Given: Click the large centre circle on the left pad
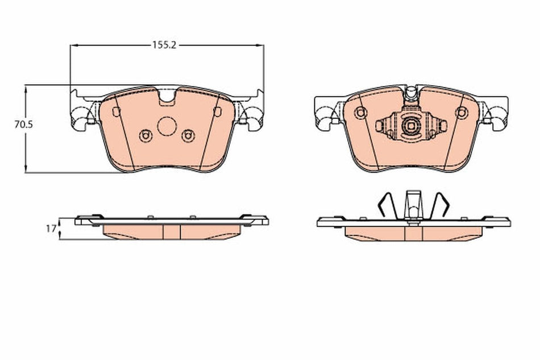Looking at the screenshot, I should pyautogui.click(x=167, y=126).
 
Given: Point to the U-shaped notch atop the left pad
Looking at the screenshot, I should pyautogui.click(x=167, y=98).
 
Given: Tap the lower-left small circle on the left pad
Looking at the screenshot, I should pyautogui.click(x=145, y=135).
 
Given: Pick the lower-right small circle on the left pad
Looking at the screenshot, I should pyautogui.click(x=188, y=135).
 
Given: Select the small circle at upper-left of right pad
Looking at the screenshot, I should pyautogui.click(x=360, y=112).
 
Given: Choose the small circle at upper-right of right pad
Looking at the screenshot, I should pyautogui.click(x=461, y=112).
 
